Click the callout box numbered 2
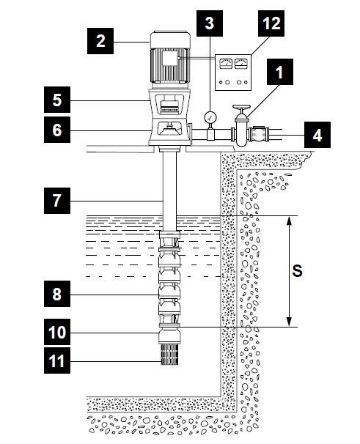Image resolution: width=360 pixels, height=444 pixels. pos(100,41)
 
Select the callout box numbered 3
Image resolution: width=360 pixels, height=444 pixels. pos(210,23)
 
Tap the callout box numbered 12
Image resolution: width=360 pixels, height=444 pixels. pos(271,23)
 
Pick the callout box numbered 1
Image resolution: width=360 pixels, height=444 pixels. pos(280,72)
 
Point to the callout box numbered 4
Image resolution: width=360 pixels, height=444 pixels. pos(317,135)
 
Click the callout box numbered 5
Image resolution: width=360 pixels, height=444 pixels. pos(57,100)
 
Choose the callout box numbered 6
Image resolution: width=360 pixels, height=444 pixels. pos(57,130)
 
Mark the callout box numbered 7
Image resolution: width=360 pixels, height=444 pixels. pos(57,201)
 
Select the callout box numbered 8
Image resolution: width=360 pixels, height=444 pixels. pos(57,294)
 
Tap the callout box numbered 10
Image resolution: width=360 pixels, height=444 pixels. pos(57,332)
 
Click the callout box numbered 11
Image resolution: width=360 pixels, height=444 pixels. pos(57,360)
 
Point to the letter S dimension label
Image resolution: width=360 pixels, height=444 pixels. pos(297,270)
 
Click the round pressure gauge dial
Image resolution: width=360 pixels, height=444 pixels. pos(210,117)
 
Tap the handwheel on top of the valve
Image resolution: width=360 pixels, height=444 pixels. pos(241,108)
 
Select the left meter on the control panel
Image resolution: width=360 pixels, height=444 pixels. pos(226,64)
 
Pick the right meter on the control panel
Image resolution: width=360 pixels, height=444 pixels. pos(241,64)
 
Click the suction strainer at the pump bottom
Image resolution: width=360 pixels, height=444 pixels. pos(169,354)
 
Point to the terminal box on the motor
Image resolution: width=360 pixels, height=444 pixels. pos(170,58)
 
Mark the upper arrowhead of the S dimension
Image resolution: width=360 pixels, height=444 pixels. pos(289,220)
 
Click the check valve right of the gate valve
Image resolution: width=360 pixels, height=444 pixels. pos(259,134)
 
